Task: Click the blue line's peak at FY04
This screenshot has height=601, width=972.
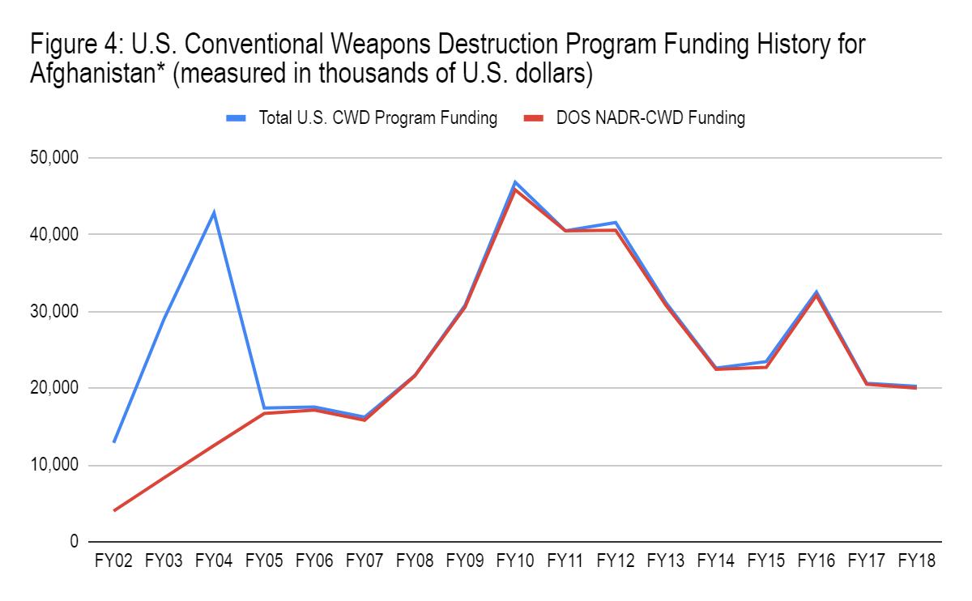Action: click(214, 213)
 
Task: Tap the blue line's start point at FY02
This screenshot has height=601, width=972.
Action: click(114, 442)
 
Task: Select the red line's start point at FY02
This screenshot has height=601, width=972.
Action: click(114, 510)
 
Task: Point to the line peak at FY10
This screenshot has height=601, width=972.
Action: click(514, 182)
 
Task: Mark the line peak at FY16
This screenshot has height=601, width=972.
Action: click(816, 292)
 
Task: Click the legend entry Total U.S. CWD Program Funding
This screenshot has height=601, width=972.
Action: click(377, 118)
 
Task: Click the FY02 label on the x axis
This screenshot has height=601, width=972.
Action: click(114, 561)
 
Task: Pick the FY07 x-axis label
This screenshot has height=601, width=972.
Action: click(364, 561)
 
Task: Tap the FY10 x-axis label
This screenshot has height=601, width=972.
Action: click(514, 561)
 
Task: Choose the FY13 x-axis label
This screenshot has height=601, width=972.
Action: click(665, 561)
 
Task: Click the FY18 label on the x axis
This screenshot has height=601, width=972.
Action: click(915, 561)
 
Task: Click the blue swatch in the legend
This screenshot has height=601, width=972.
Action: click(237, 118)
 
